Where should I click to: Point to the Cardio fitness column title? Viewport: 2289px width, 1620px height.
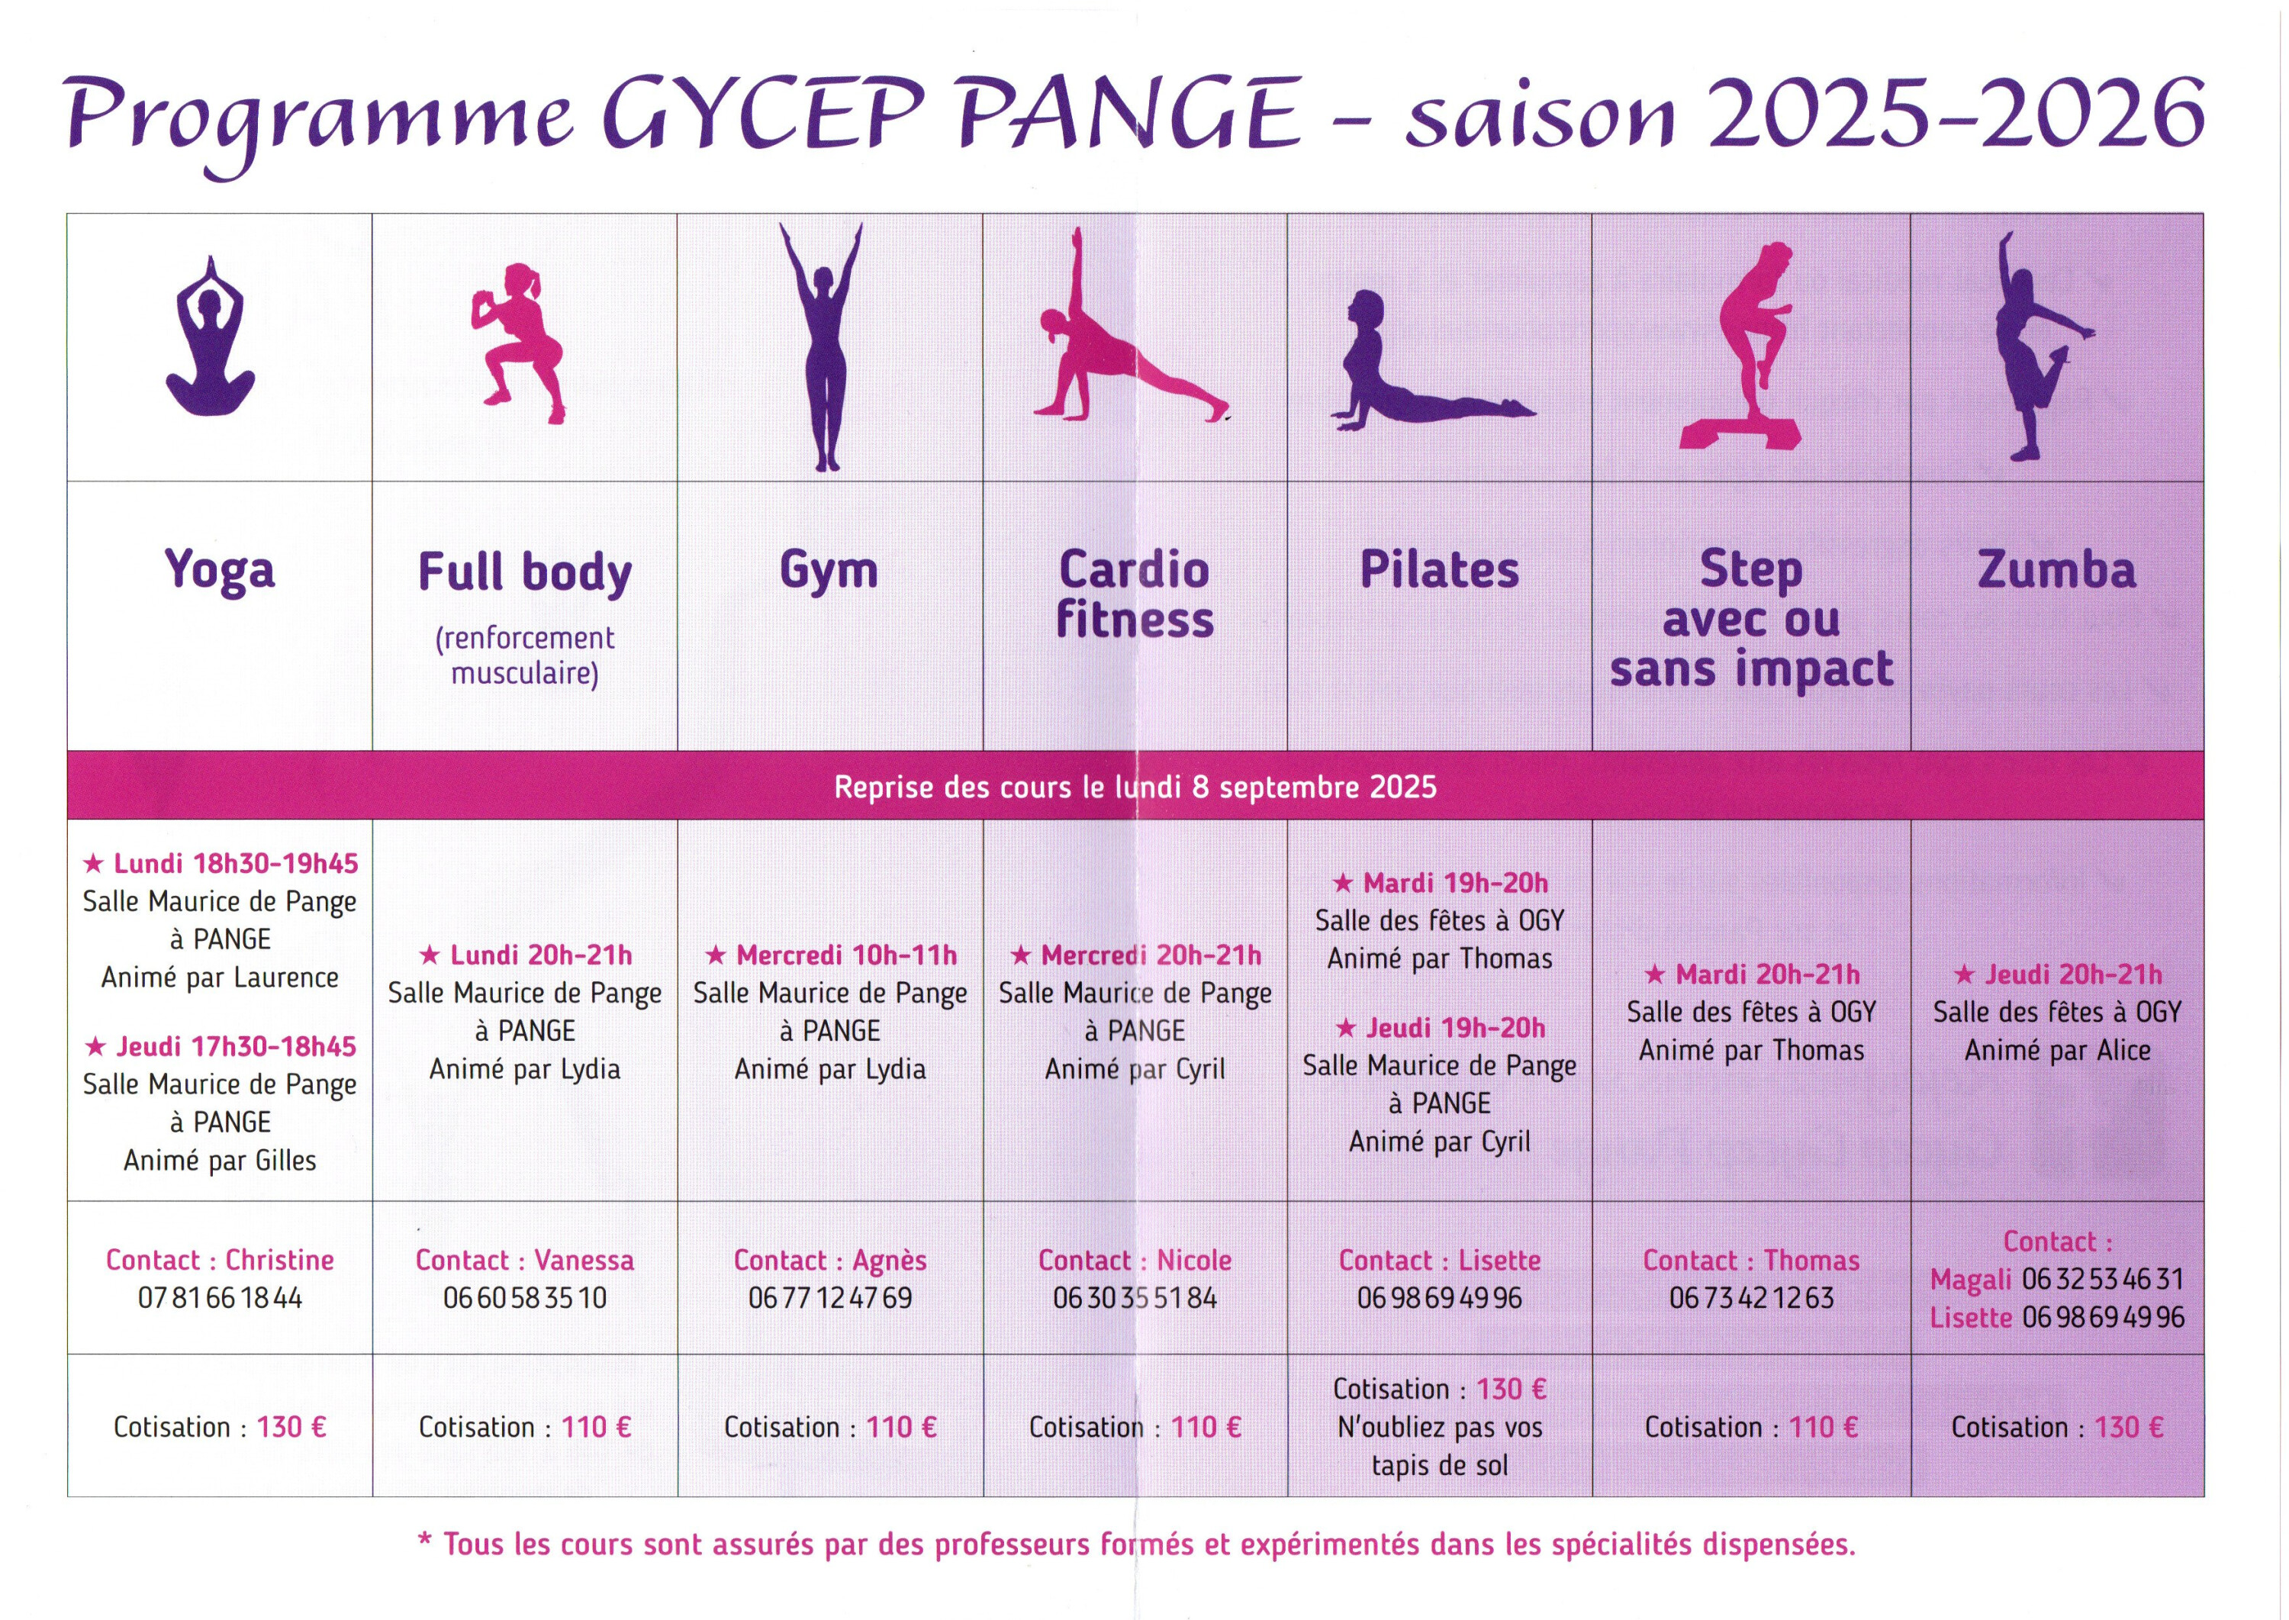tap(1135, 594)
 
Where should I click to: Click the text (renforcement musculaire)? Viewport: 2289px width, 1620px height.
tap(525, 656)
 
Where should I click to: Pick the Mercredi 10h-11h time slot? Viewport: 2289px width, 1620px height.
tap(831, 955)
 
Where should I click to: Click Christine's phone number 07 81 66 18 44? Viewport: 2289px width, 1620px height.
tap(220, 1298)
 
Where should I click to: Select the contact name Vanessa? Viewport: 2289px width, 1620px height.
tap(584, 1261)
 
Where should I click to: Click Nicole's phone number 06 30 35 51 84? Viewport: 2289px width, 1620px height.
tap(1135, 1298)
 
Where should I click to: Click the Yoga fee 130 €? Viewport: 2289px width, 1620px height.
tap(291, 1428)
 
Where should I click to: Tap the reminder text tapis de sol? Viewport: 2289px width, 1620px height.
tap(1439, 1465)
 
